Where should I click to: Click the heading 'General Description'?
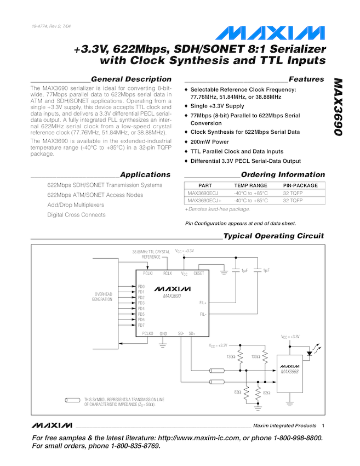click(x=131, y=79)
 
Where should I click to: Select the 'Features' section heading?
click(x=306, y=79)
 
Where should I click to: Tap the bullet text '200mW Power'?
click(x=209, y=141)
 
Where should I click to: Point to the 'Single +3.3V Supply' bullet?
click(x=217, y=106)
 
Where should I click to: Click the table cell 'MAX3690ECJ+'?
click(x=204, y=201)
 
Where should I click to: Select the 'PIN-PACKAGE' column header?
click(x=300, y=185)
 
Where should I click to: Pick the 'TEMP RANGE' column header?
click(x=251, y=185)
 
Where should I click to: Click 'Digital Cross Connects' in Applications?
click(x=76, y=215)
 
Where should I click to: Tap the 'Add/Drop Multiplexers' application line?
click(x=76, y=205)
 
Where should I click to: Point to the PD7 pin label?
click(x=141, y=325)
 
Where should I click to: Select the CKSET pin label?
click(x=199, y=272)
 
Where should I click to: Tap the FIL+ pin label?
click(x=203, y=302)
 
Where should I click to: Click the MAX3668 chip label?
click(x=289, y=371)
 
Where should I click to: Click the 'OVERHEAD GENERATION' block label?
click(x=102, y=297)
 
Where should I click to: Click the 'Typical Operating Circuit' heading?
click(x=274, y=236)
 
